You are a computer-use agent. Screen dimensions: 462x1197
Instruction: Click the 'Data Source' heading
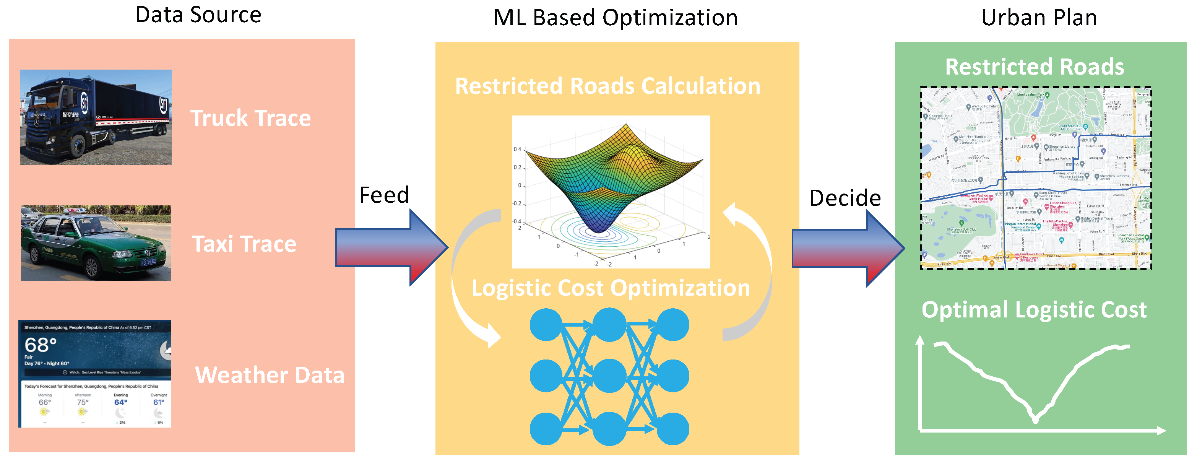point(198,15)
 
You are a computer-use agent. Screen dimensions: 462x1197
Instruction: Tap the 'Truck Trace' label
point(250,118)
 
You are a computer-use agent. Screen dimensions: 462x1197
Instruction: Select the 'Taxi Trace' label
point(244,244)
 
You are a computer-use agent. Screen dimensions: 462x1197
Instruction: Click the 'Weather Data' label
point(270,375)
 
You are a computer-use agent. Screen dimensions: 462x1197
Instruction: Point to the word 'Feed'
point(384,195)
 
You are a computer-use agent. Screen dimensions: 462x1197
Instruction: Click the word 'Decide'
point(845,198)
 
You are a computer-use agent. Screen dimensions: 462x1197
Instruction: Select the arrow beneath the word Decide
point(847,249)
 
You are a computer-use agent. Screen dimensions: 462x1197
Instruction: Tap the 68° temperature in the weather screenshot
point(41,345)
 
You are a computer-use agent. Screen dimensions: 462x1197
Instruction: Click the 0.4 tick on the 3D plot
point(517,150)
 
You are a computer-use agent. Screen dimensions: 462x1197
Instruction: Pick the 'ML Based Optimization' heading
point(615,18)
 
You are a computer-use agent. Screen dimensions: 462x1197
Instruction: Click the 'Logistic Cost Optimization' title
point(611,288)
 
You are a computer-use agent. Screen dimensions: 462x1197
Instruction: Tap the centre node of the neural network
point(609,376)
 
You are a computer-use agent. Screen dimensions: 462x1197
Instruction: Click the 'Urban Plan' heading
point(1039,18)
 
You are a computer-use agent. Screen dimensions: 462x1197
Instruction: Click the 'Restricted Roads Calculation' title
point(607,86)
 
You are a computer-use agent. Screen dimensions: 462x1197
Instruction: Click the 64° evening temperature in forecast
point(120,402)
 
